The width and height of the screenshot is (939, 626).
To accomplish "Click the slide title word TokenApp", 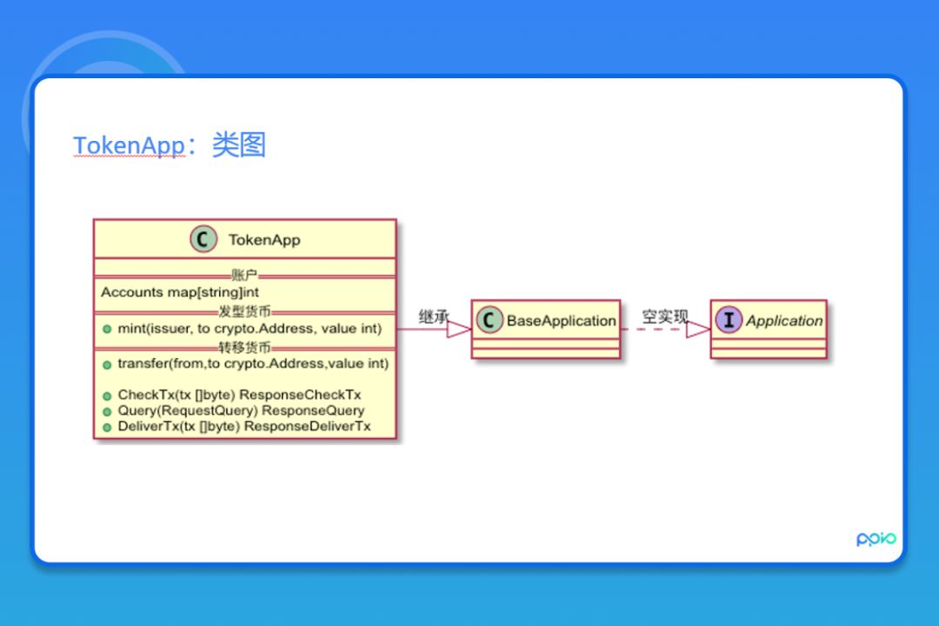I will pyautogui.click(x=129, y=146).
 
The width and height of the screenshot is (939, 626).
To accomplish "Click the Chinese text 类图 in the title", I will pyautogui.click(x=239, y=145).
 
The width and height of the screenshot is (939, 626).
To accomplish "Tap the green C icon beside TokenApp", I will pyautogui.click(x=203, y=239).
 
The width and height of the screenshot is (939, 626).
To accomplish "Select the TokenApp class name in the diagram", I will pyautogui.click(x=264, y=240).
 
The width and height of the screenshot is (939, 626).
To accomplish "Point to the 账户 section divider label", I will pyautogui.click(x=244, y=275).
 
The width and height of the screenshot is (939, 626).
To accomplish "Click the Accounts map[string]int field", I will pyautogui.click(x=180, y=292).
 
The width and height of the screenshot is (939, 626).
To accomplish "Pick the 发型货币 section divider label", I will pyautogui.click(x=244, y=310).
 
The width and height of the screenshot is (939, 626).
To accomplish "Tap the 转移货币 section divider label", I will pyautogui.click(x=244, y=347).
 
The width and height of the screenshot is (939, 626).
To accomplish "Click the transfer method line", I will pyautogui.click(x=253, y=363).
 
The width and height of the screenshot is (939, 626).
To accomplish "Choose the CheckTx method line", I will pyautogui.click(x=239, y=395).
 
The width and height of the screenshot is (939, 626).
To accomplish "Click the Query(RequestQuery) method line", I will pyautogui.click(x=241, y=410).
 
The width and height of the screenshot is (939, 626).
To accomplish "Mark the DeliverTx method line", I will pyautogui.click(x=244, y=426).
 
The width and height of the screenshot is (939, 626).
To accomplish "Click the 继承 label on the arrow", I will pyautogui.click(x=434, y=317).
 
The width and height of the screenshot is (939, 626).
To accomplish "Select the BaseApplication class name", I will pyautogui.click(x=561, y=321).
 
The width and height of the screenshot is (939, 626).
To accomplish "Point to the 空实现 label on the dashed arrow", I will pyautogui.click(x=665, y=316).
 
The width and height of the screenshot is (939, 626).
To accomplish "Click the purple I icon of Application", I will pyautogui.click(x=729, y=320).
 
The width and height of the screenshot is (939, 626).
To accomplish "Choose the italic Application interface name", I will pyautogui.click(x=784, y=321).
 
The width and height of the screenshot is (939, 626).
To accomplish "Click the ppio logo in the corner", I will pyautogui.click(x=876, y=539).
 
